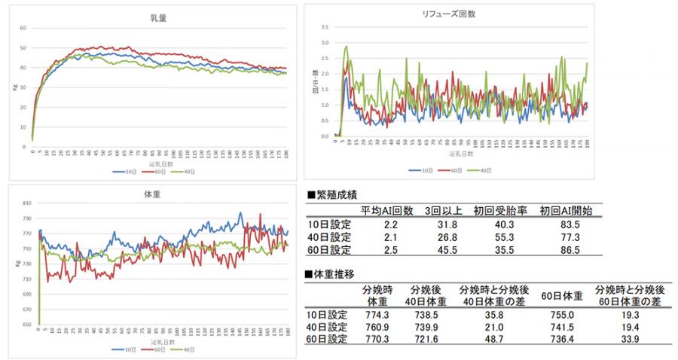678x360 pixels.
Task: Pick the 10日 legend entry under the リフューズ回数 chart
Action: (x=414, y=170)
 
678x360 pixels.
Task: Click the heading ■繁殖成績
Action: (x=337, y=194)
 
